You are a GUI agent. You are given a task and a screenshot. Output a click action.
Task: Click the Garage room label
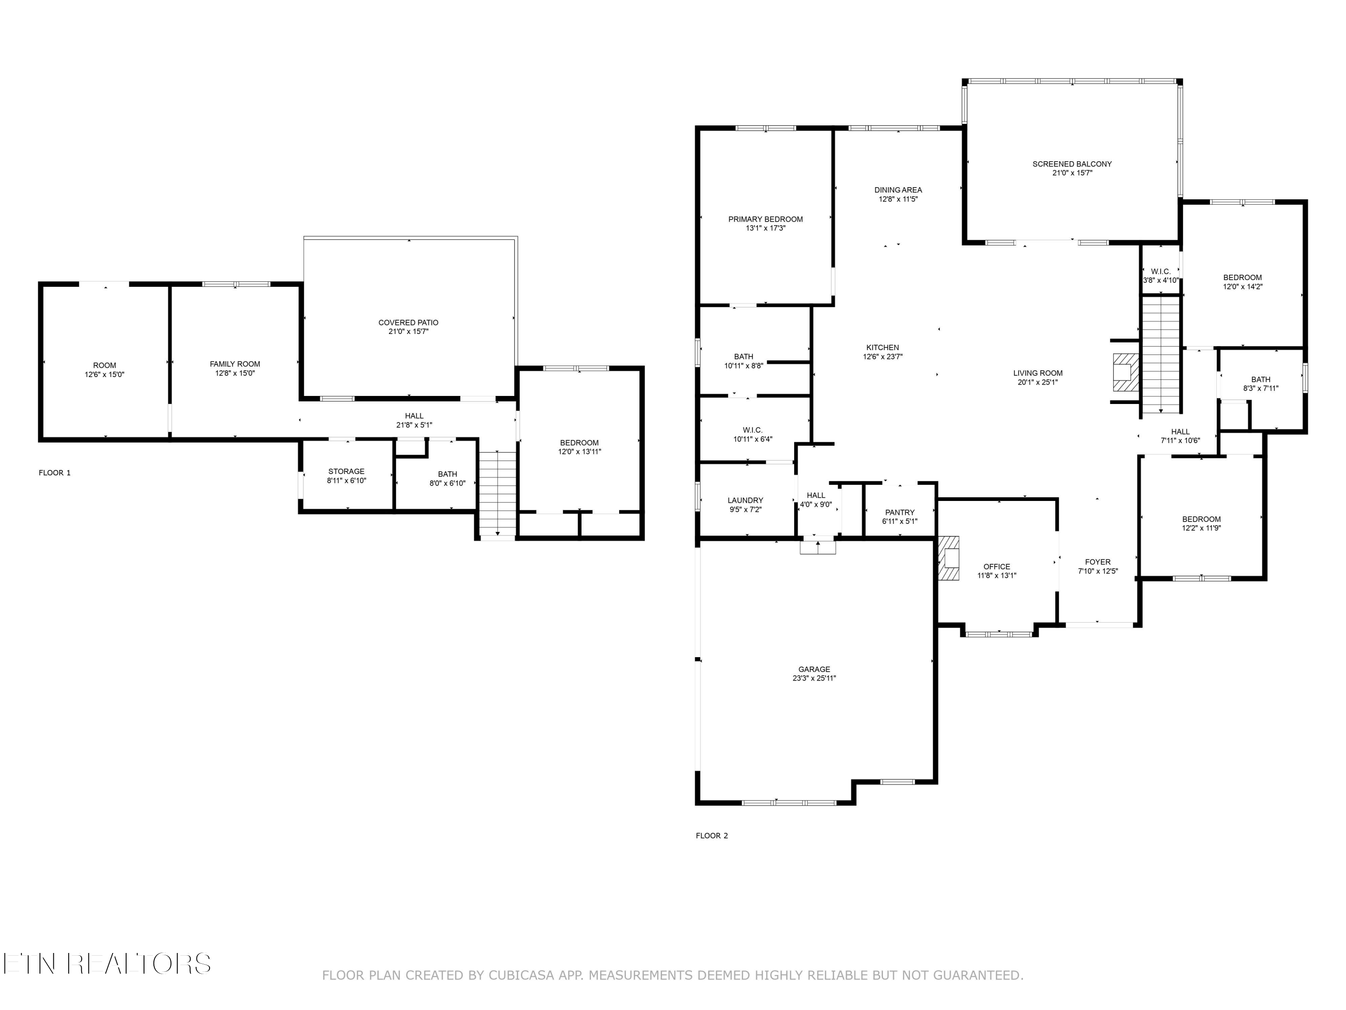click(x=814, y=669)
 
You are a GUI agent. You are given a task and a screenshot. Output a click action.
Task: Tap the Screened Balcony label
click(x=1072, y=164)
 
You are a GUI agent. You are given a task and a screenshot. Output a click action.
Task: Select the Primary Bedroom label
click(x=765, y=219)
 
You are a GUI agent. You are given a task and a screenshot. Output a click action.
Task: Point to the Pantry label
click(x=900, y=513)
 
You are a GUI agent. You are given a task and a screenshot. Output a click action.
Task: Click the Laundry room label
click(x=745, y=501)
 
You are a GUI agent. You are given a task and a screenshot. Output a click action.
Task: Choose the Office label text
click(x=997, y=567)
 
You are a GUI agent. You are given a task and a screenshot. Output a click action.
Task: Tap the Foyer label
click(x=1098, y=562)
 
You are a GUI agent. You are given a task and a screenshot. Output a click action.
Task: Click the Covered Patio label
click(x=408, y=323)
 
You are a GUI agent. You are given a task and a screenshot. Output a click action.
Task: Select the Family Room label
click(x=235, y=364)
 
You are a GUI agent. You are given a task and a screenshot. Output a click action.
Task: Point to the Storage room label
click(x=346, y=471)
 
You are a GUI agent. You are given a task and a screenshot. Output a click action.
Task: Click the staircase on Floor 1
click(x=498, y=493)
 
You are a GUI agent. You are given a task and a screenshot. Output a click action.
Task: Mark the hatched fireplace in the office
click(x=948, y=558)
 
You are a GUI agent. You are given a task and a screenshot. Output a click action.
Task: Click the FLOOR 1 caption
click(x=55, y=473)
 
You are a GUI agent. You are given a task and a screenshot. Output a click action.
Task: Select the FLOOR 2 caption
click(x=712, y=836)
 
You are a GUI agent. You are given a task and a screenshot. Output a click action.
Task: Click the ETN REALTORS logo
click(x=107, y=964)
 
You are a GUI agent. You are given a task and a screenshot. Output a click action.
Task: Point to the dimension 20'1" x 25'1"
click(x=1038, y=382)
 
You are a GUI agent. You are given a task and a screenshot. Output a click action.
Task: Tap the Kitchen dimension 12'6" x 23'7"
click(x=883, y=357)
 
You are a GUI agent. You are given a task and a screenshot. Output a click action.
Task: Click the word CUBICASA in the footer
click(x=521, y=975)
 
